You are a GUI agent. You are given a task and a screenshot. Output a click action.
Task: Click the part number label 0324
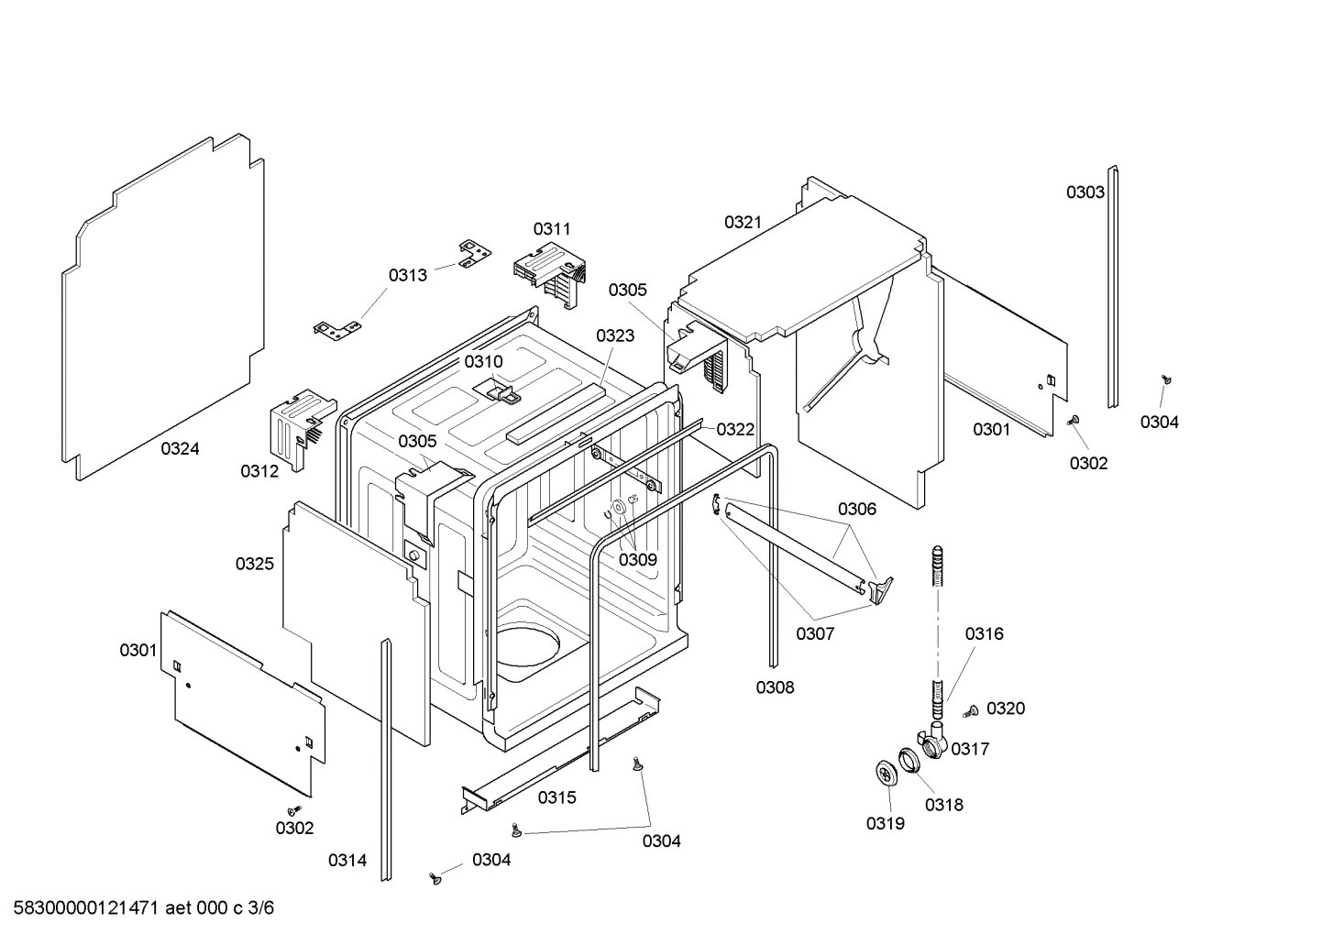click(x=180, y=448)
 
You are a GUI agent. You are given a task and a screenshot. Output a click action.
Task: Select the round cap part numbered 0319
click(x=886, y=774)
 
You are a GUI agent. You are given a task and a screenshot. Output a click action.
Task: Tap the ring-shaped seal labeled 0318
click(x=909, y=760)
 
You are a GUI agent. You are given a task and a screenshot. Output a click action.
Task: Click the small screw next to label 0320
click(x=971, y=710)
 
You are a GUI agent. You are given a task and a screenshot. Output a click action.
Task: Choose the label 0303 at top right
click(x=1085, y=192)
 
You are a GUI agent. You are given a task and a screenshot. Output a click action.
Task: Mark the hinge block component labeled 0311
click(x=548, y=273)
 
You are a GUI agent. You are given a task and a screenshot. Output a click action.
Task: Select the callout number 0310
click(x=483, y=362)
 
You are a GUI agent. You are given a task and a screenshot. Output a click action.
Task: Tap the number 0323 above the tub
click(x=614, y=335)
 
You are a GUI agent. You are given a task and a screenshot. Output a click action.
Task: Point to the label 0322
click(x=735, y=429)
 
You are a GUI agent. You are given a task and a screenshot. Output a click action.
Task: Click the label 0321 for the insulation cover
click(x=743, y=222)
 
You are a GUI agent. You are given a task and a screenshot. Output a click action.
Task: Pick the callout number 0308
click(x=775, y=687)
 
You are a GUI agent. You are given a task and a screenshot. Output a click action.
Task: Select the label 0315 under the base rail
click(x=556, y=797)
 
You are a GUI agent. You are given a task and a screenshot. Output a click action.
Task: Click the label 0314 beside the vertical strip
click(x=347, y=860)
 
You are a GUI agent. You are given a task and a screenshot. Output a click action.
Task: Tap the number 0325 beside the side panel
click(x=254, y=564)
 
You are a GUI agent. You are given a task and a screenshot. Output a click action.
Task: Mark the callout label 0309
click(x=637, y=560)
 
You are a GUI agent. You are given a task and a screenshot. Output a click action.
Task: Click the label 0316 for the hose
click(x=984, y=633)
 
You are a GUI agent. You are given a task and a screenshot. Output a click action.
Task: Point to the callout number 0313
click(x=407, y=275)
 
